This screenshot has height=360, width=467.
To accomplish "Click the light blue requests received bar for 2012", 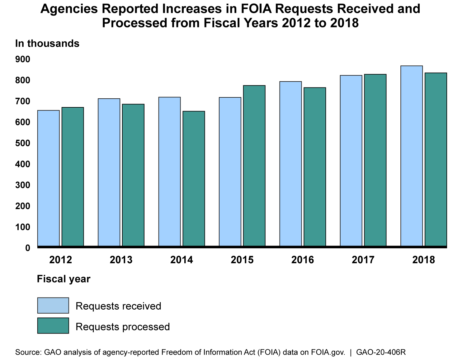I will pos(48,178).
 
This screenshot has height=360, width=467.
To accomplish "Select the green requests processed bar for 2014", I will pos(194,179).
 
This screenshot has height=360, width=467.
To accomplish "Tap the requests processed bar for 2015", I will pos(254,166).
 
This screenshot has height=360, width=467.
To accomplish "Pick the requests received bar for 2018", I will pos(411,156).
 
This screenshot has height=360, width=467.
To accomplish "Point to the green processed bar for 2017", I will pos(375,160).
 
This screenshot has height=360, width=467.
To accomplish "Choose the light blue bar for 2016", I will pos(290,164).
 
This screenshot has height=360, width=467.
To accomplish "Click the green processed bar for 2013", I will pos(133,175).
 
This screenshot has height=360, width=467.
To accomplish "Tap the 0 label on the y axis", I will pos(27,248).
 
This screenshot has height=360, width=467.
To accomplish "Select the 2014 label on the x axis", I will pos(182,260).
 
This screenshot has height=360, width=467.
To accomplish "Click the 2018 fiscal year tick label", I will pos(423,260).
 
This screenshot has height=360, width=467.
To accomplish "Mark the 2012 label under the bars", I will pos(61,260).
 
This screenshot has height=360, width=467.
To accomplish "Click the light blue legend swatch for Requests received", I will pos(53,306).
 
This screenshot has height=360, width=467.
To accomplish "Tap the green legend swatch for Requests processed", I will pos(53,325).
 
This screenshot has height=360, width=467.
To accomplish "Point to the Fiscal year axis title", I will pos(64,279).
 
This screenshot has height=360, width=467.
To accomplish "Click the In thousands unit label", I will pos(47,43).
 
